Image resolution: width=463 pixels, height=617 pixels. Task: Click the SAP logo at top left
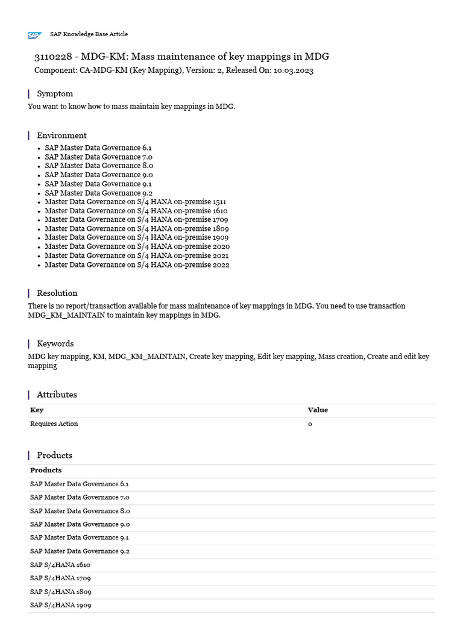[x=34, y=36]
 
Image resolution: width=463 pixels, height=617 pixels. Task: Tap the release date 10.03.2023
[x=293, y=70]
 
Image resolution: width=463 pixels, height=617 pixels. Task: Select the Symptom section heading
[x=55, y=93]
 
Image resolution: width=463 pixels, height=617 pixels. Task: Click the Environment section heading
[x=61, y=136]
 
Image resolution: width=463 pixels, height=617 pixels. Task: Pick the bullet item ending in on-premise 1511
[x=135, y=202]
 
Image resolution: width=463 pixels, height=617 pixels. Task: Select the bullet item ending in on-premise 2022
[x=137, y=265]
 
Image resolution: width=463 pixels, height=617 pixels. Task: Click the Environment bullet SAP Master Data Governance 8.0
[x=99, y=166]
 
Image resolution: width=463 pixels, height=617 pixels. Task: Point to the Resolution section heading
[x=57, y=293]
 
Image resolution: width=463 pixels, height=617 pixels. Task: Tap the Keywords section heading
[x=55, y=343]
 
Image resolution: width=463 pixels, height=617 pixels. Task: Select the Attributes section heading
[x=57, y=395]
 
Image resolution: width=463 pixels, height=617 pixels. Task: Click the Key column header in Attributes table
[x=37, y=410]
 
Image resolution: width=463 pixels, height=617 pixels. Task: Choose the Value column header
[x=318, y=410]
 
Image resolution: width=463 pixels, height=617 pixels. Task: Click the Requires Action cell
[x=54, y=424]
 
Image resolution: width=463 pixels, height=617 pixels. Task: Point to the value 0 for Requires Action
[x=310, y=424]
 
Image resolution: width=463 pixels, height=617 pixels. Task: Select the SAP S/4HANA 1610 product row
[x=60, y=565]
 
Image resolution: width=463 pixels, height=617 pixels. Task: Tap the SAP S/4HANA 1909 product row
[x=60, y=605]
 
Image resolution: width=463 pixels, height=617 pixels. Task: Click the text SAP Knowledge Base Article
[x=89, y=34]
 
